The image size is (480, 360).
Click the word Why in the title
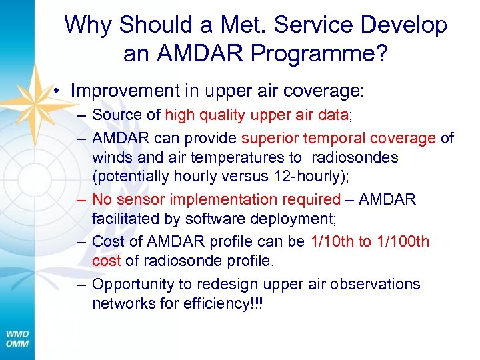(89, 25)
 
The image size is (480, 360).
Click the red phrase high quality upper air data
(257, 115)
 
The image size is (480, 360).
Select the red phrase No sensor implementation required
(216, 199)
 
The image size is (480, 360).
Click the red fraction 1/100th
(403, 241)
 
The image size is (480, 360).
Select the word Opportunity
(133, 284)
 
